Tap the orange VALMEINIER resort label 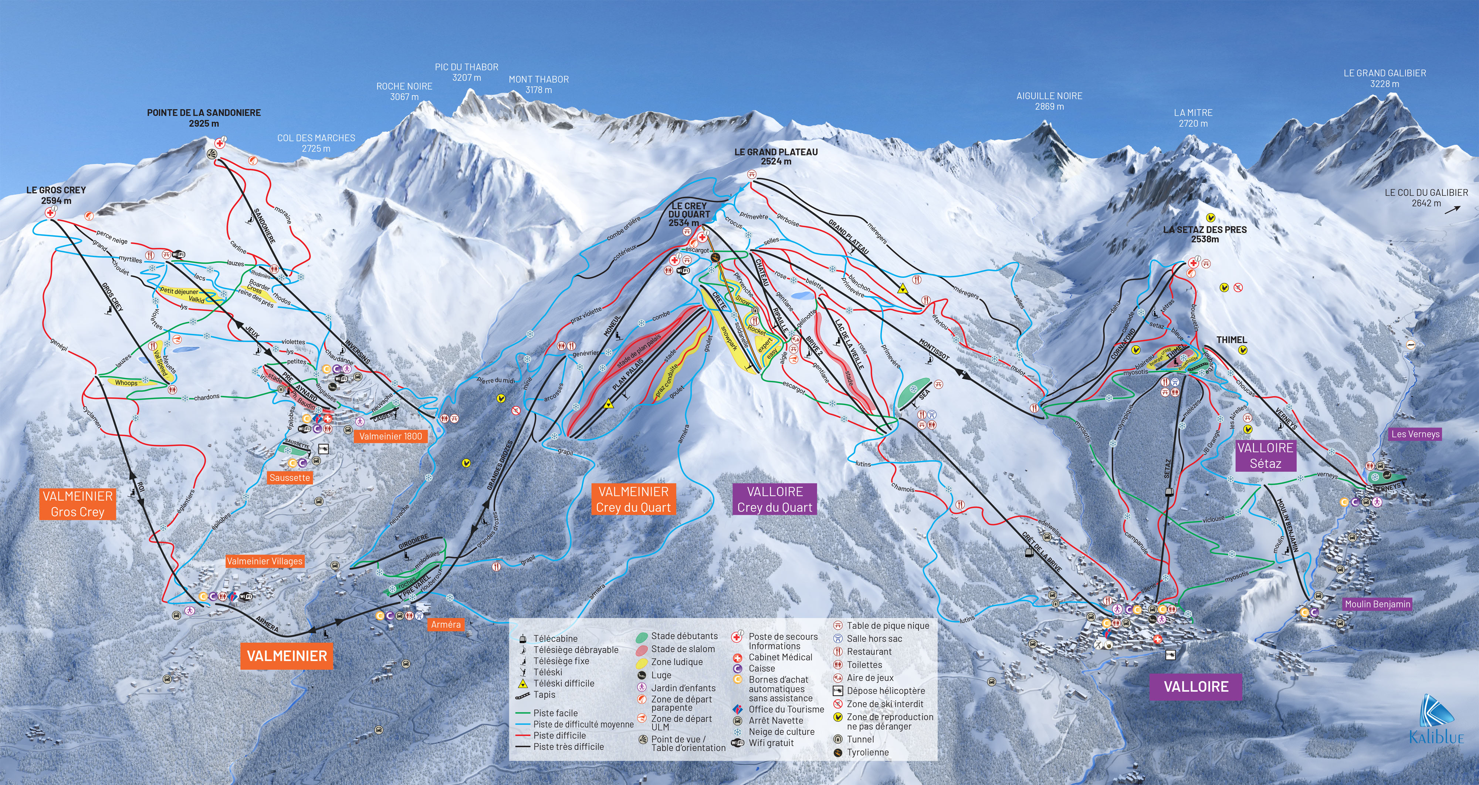287,656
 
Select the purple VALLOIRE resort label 1196,686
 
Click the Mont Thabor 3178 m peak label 539,84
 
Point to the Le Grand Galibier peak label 1384,78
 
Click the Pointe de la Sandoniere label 204,118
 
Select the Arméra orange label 446,624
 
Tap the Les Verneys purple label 1415,434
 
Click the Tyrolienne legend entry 867,752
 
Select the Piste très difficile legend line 568,747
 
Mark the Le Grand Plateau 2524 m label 776,156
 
